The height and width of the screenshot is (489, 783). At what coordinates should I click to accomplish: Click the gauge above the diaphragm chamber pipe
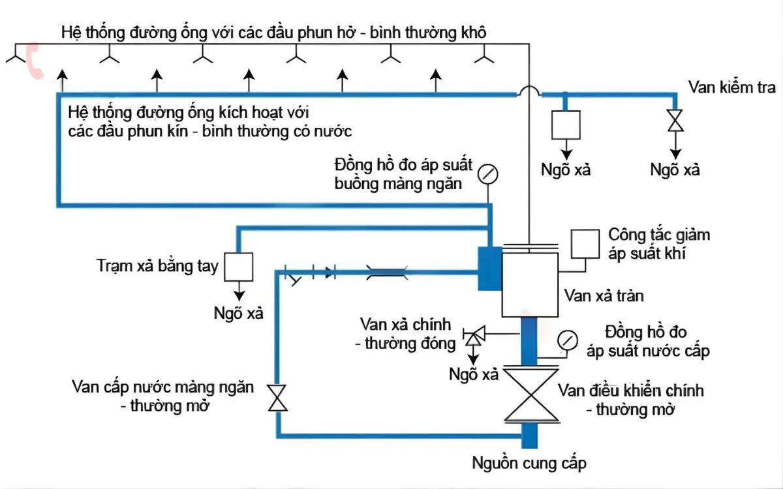(x=487, y=174)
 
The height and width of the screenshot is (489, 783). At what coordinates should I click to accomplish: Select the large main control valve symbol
(x=529, y=396)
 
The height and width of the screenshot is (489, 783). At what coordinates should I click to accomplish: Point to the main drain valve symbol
(x=472, y=336)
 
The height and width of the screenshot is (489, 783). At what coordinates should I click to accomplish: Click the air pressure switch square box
(x=585, y=243)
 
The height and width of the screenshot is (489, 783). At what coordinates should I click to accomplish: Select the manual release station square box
(x=239, y=267)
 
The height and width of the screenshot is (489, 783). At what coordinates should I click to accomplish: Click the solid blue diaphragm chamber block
(x=489, y=268)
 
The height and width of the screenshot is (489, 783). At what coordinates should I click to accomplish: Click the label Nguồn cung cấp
(x=529, y=464)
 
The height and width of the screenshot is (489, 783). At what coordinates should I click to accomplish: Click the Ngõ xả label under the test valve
(x=675, y=170)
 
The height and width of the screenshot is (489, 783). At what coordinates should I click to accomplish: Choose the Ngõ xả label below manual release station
(x=239, y=313)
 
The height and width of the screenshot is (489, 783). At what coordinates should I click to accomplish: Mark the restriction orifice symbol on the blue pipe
(x=388, y=268)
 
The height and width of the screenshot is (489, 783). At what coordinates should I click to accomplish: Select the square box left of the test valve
(x=566, y=124)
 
